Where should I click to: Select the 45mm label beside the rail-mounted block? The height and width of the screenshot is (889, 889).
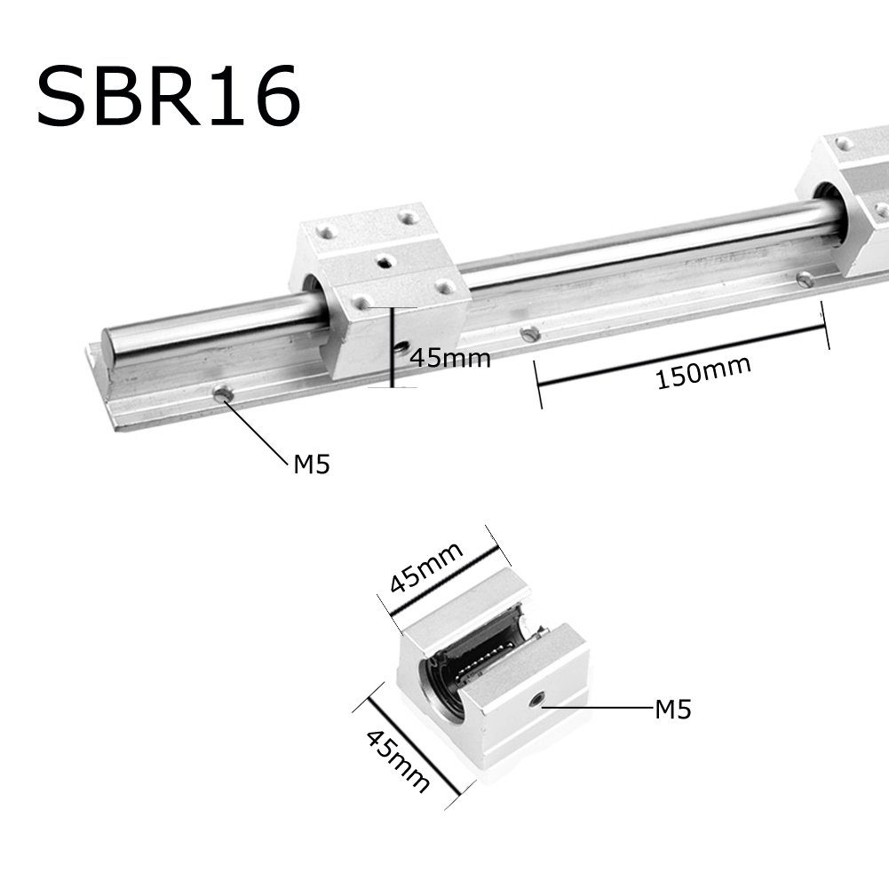click(x=449, y=358)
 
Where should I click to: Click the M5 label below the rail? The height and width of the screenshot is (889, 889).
click(x=311, y=463)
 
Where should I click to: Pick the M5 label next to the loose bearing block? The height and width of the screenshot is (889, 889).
click(x=672, y=710)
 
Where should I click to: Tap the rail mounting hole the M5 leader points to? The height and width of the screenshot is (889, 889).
click(x=222, y=392)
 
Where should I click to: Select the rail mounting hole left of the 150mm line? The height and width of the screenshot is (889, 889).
click(x=529, y=334)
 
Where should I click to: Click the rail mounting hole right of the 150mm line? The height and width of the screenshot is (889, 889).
click(x=805, y=280)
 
